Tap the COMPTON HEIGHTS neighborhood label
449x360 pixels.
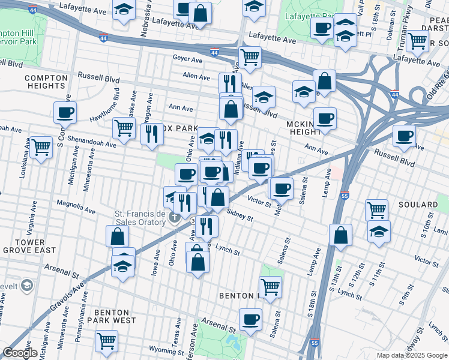pyautogui.click(x=44, y=82)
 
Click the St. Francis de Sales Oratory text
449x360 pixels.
pyautogui.click(x=140, y=218)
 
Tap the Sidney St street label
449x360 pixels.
pyautogui.click(x=240, y=215)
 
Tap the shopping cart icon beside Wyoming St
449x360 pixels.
pyautogui.click(x=106, y=340)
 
